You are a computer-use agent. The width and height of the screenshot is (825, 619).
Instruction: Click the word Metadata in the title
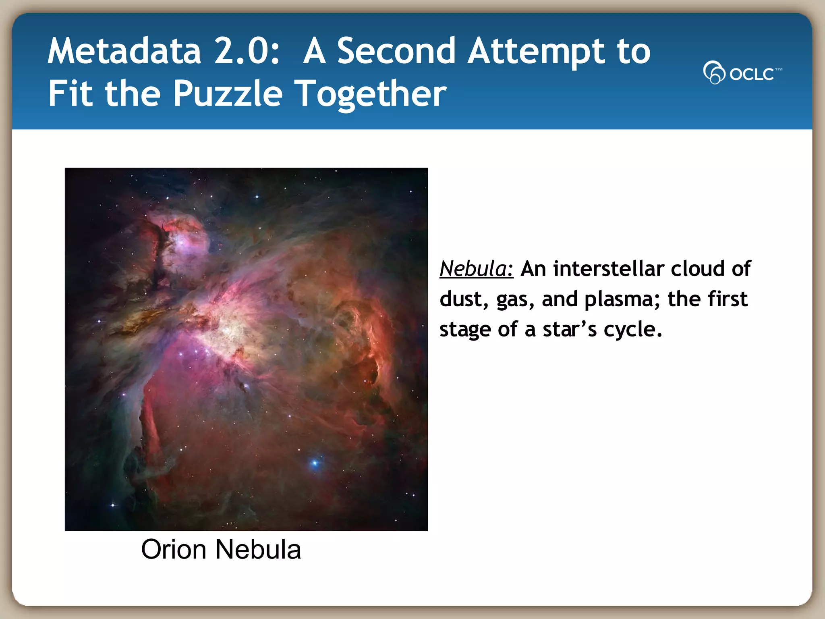point(124,51)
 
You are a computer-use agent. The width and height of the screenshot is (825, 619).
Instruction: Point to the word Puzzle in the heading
point(228,94)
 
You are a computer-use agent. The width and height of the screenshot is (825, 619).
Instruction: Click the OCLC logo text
point(752,74)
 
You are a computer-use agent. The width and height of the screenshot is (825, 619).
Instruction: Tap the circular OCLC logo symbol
point(714,73)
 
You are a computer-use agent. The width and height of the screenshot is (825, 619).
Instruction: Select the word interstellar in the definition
point(609,269)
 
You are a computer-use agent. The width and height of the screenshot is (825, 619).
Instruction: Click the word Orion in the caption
point(174,550)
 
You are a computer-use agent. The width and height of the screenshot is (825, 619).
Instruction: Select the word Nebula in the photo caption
point(258,550)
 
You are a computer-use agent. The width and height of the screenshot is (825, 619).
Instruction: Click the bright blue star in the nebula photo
point(315,463)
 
